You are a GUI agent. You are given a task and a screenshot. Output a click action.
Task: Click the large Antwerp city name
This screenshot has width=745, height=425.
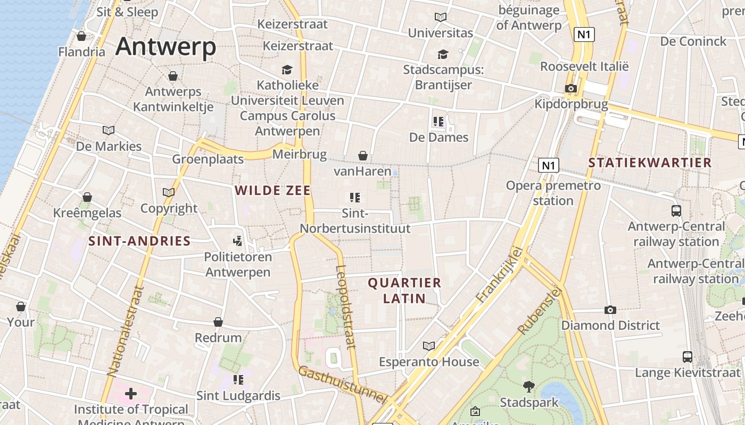point(165,47)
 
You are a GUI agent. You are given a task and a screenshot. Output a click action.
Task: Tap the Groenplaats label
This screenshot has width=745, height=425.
point(208,159)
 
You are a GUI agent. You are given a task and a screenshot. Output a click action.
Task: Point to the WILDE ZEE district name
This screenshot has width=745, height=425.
point(272,190)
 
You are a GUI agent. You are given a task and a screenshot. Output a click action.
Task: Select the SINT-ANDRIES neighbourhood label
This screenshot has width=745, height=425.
point(139,241)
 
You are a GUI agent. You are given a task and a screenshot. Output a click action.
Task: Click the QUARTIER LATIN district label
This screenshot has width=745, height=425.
point(404,291)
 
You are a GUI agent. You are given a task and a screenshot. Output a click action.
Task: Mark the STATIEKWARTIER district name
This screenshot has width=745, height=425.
point(650,163)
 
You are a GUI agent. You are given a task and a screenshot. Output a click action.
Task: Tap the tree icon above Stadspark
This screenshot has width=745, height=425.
point(529,387)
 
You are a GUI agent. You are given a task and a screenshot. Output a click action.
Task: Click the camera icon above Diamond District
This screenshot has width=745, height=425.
point(610,310)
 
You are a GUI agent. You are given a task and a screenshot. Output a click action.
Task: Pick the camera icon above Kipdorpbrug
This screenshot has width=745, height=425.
point(571,89)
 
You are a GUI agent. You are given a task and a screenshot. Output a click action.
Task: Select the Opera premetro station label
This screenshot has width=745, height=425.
point(553,193)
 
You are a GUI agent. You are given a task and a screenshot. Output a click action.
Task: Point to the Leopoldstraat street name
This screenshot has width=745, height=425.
point(346,307)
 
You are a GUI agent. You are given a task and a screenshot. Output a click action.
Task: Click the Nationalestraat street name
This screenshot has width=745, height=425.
point(126,331)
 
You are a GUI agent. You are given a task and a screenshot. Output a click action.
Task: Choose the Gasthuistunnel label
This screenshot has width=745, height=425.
point(341,384)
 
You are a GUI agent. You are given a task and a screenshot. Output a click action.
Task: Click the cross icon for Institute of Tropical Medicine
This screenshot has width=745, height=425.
point(131,394)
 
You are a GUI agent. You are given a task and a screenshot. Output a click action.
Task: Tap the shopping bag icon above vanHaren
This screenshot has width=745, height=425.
point(362,156)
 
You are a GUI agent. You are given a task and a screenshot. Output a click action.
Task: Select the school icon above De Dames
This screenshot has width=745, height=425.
point(438,122)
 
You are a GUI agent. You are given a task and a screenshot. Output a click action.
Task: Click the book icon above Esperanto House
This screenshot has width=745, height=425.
point(429,346)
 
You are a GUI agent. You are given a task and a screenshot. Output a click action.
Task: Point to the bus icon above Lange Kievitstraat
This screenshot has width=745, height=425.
point(688,357)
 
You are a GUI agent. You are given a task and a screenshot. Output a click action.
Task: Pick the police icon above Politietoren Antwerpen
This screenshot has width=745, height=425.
point(238,241)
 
